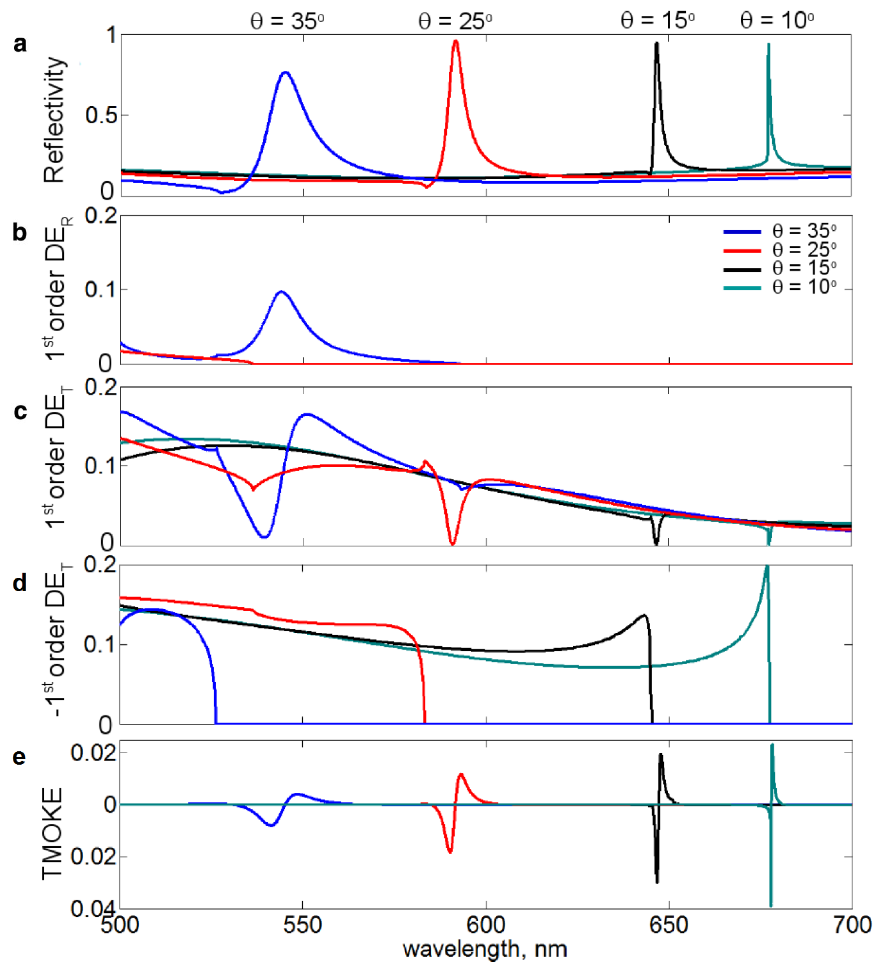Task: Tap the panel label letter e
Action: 19,756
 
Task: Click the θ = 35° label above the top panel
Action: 287,21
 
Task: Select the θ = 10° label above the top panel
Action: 776,21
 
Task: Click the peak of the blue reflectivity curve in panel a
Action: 285,72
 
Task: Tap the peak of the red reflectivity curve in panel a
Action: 455,41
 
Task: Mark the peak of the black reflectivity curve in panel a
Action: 657,43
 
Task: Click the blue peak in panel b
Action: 282,292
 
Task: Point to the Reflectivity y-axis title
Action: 54,120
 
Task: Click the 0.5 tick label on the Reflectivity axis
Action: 101,115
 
